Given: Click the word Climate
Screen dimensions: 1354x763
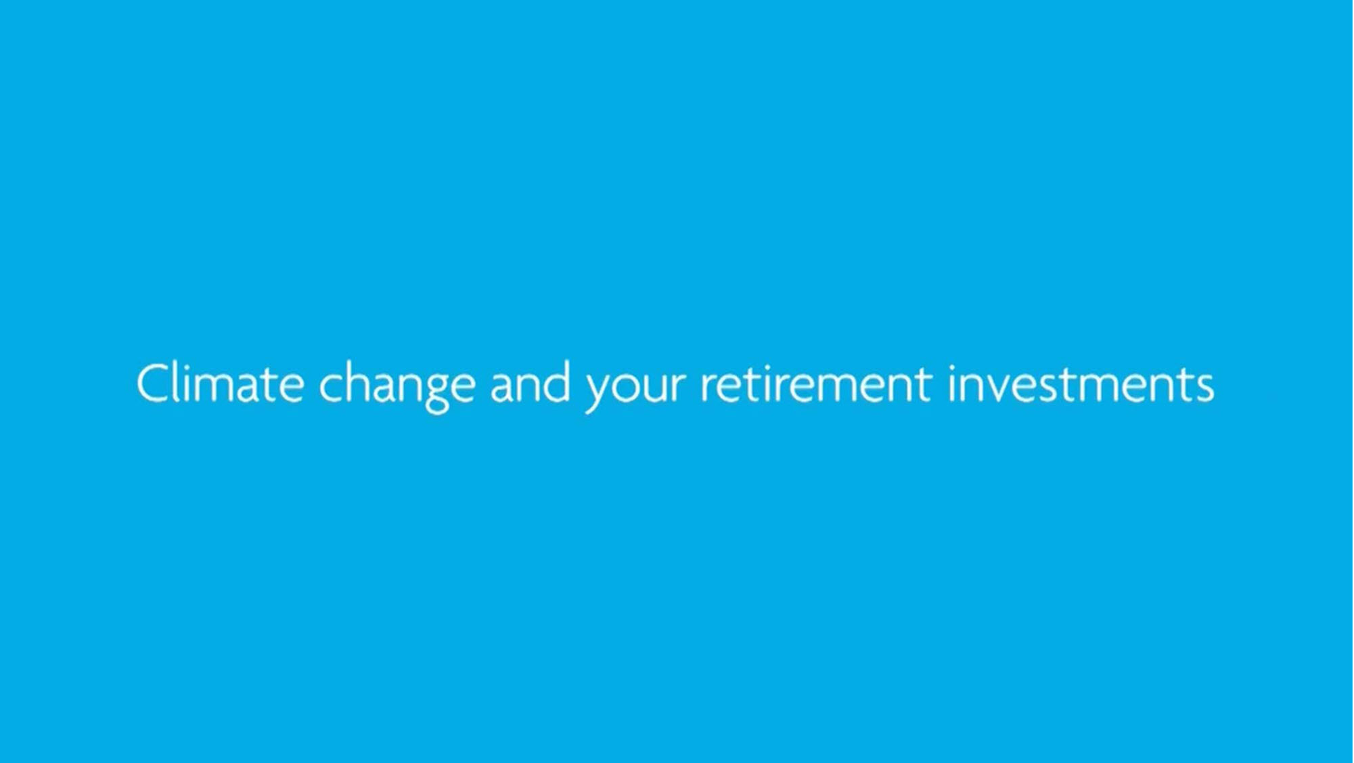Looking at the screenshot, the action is click(x=220, y=384).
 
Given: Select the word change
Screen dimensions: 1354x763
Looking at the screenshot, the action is click(x=397, y=386).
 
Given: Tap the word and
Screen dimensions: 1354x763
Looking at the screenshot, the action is click(x=530, y=384).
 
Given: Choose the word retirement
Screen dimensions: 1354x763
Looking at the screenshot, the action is click(x=816, y=384).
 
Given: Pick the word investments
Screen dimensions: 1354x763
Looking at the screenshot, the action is click(x=1081, y=384).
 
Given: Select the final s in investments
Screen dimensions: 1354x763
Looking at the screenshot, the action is click(x=1203, y=388).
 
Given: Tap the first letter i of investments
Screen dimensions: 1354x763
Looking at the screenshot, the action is click(x=952, y=384).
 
